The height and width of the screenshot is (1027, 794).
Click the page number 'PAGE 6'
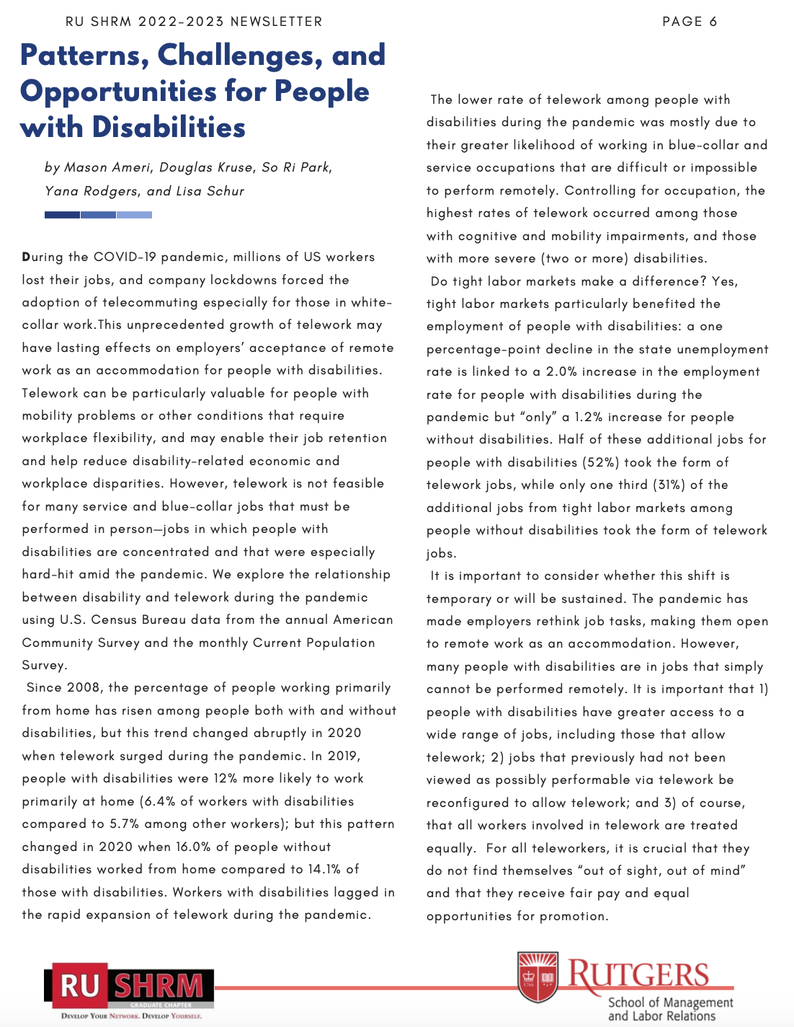690,22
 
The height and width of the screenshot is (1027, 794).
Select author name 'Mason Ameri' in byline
107,167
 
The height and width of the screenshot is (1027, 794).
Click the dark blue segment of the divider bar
62,215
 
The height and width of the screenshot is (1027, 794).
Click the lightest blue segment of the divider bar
134,215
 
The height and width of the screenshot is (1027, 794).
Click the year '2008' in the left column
84,688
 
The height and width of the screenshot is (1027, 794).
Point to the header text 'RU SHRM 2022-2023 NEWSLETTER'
194,22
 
